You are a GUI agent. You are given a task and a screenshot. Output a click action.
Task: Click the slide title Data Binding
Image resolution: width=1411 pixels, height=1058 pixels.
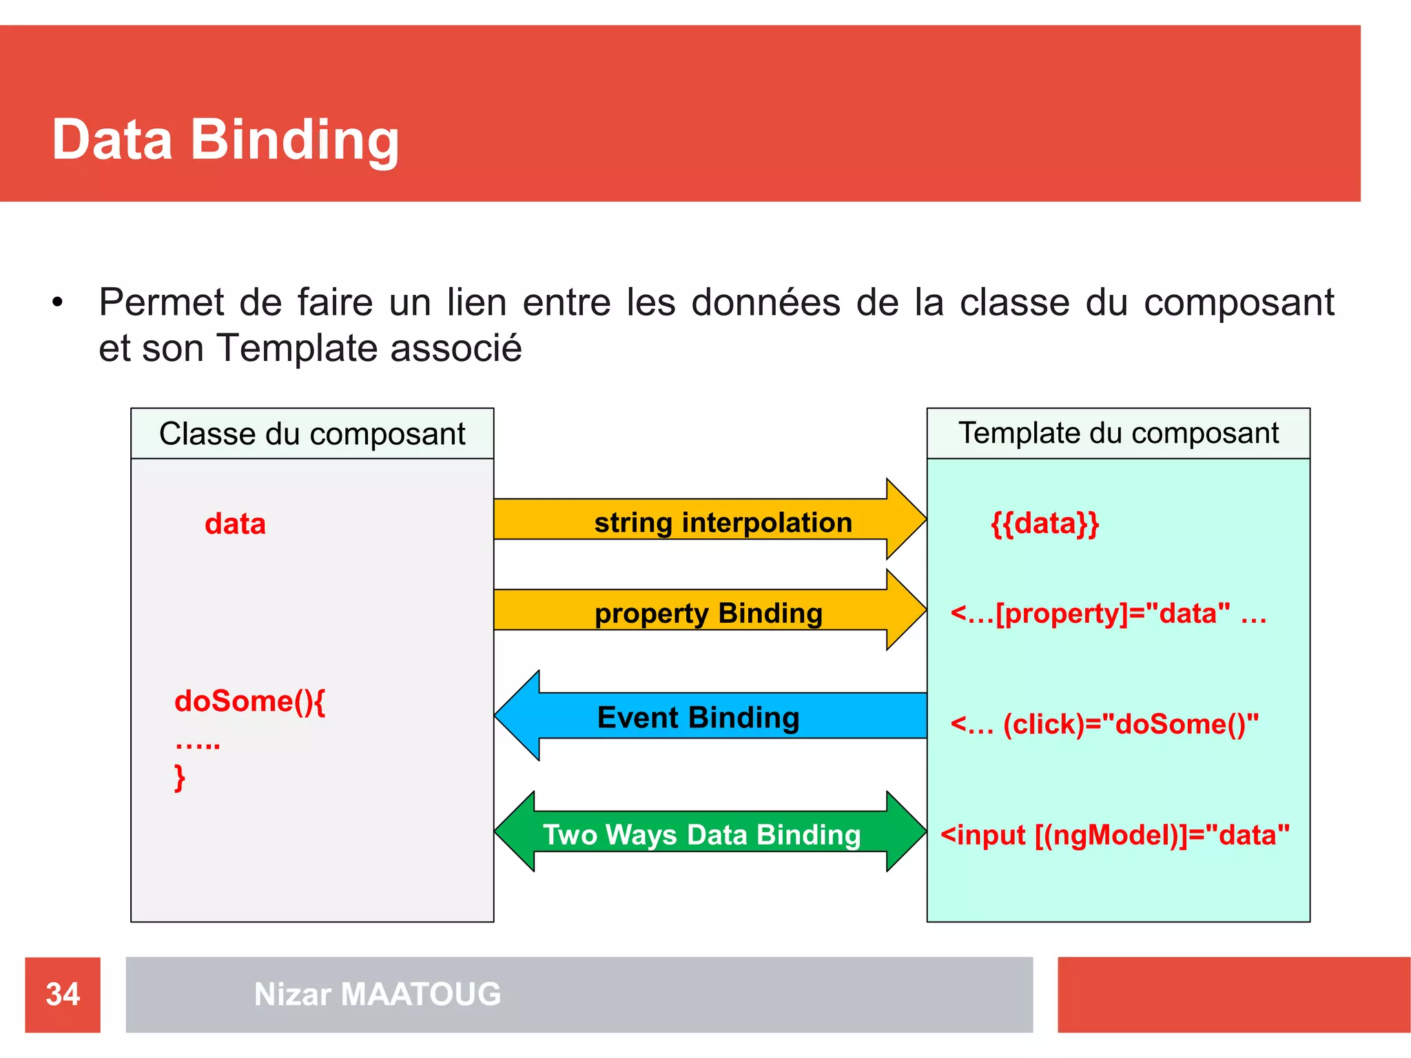[225, 139]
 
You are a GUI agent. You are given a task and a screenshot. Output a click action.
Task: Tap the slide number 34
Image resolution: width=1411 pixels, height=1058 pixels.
[63, 994]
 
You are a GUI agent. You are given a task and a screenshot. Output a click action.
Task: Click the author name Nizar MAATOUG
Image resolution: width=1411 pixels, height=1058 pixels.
[378, 994]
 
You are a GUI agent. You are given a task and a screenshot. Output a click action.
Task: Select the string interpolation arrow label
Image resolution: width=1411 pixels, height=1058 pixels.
[723, 522]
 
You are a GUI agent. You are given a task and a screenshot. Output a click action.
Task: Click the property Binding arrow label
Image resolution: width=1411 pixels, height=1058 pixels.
[708, 613]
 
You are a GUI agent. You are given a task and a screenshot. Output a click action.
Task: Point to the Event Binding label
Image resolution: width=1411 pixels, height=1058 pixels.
[698, 717]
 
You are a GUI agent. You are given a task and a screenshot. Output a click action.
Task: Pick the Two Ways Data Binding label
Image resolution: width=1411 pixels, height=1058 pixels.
[701, 834]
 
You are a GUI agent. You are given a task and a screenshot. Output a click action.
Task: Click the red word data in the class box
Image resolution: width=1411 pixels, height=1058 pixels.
[235, 524]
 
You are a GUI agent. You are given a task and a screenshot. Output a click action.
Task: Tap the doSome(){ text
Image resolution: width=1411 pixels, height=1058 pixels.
[249, 701]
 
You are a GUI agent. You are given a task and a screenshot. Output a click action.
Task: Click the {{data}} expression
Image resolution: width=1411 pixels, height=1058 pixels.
[1044, 523]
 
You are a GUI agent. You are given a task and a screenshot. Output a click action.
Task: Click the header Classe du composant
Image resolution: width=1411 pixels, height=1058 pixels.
[312, 434]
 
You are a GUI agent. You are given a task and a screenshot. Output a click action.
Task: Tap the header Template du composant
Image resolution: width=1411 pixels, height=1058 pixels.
[1118, 433]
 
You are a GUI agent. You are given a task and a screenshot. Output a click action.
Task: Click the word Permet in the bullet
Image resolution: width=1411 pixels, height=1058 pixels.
[162, 302]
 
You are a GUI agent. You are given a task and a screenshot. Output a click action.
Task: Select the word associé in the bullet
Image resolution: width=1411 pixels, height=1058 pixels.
[456, 348]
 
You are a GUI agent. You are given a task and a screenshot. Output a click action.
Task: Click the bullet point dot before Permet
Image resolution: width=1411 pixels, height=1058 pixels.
[57, 302]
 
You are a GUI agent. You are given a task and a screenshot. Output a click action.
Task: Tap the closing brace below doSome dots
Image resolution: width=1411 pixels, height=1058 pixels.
[180, 778]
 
